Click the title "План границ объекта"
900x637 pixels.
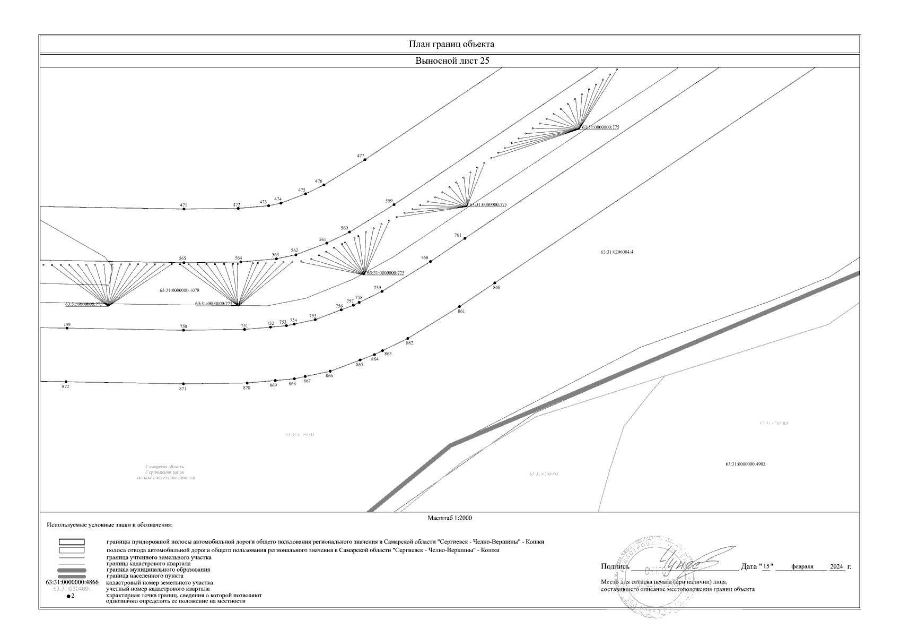(451, 44)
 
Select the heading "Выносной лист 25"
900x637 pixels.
(451, 61)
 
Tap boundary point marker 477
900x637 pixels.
(365, 160)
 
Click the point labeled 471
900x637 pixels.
(184, 209)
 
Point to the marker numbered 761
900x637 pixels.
(465, 239)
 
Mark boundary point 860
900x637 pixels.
(495, 283)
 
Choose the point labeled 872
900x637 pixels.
(66, 382)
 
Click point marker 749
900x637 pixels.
(67, 329)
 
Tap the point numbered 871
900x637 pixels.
(184, 384)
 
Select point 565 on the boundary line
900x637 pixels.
(184, 263)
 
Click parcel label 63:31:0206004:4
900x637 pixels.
(617, 252)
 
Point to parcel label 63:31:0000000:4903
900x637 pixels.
(745, 464)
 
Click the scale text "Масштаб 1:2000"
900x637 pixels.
(450, 518)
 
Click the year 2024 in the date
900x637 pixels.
(836, 567)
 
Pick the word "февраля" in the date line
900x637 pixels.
(802, 567)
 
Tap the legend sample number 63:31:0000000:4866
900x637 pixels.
(72, 583)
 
